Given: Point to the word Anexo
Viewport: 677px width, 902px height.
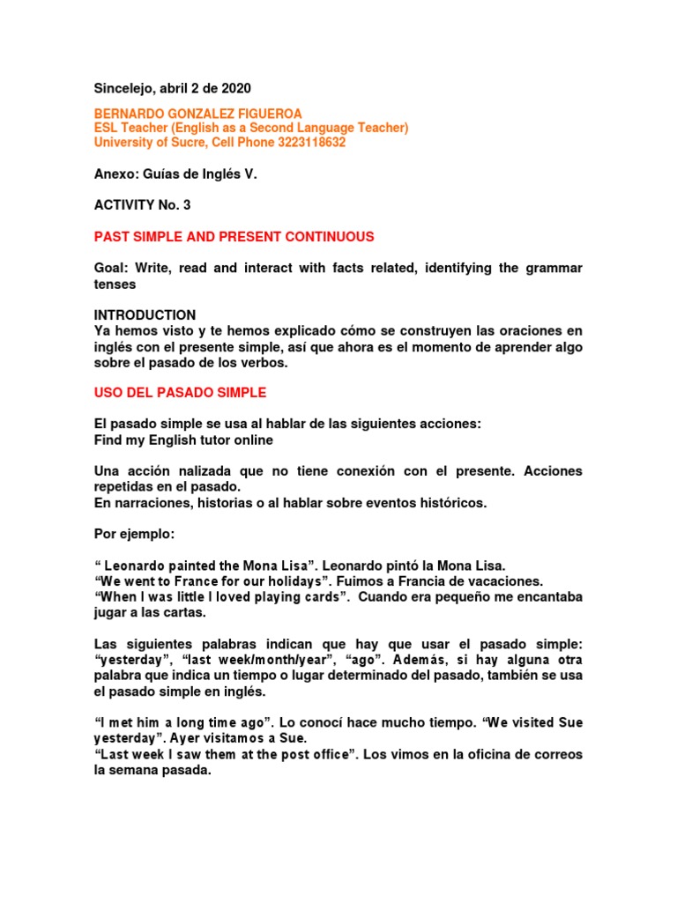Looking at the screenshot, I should pyautogui.click(x=114, y=174).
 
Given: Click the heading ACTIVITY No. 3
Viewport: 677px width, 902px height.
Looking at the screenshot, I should pyautogui.click(x=142, y=205).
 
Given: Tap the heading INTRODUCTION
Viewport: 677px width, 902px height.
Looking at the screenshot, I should pyautogui.click(x=145, y=314).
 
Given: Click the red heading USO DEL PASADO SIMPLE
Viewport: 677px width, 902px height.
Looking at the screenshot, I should pyautogui.click(x=180, y=392).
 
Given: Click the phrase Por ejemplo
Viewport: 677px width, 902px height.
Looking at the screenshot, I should pyautogui.click(x=132, y=534).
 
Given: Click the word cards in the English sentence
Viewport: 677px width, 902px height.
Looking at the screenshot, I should pyautogui.click(x=321, y=597).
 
